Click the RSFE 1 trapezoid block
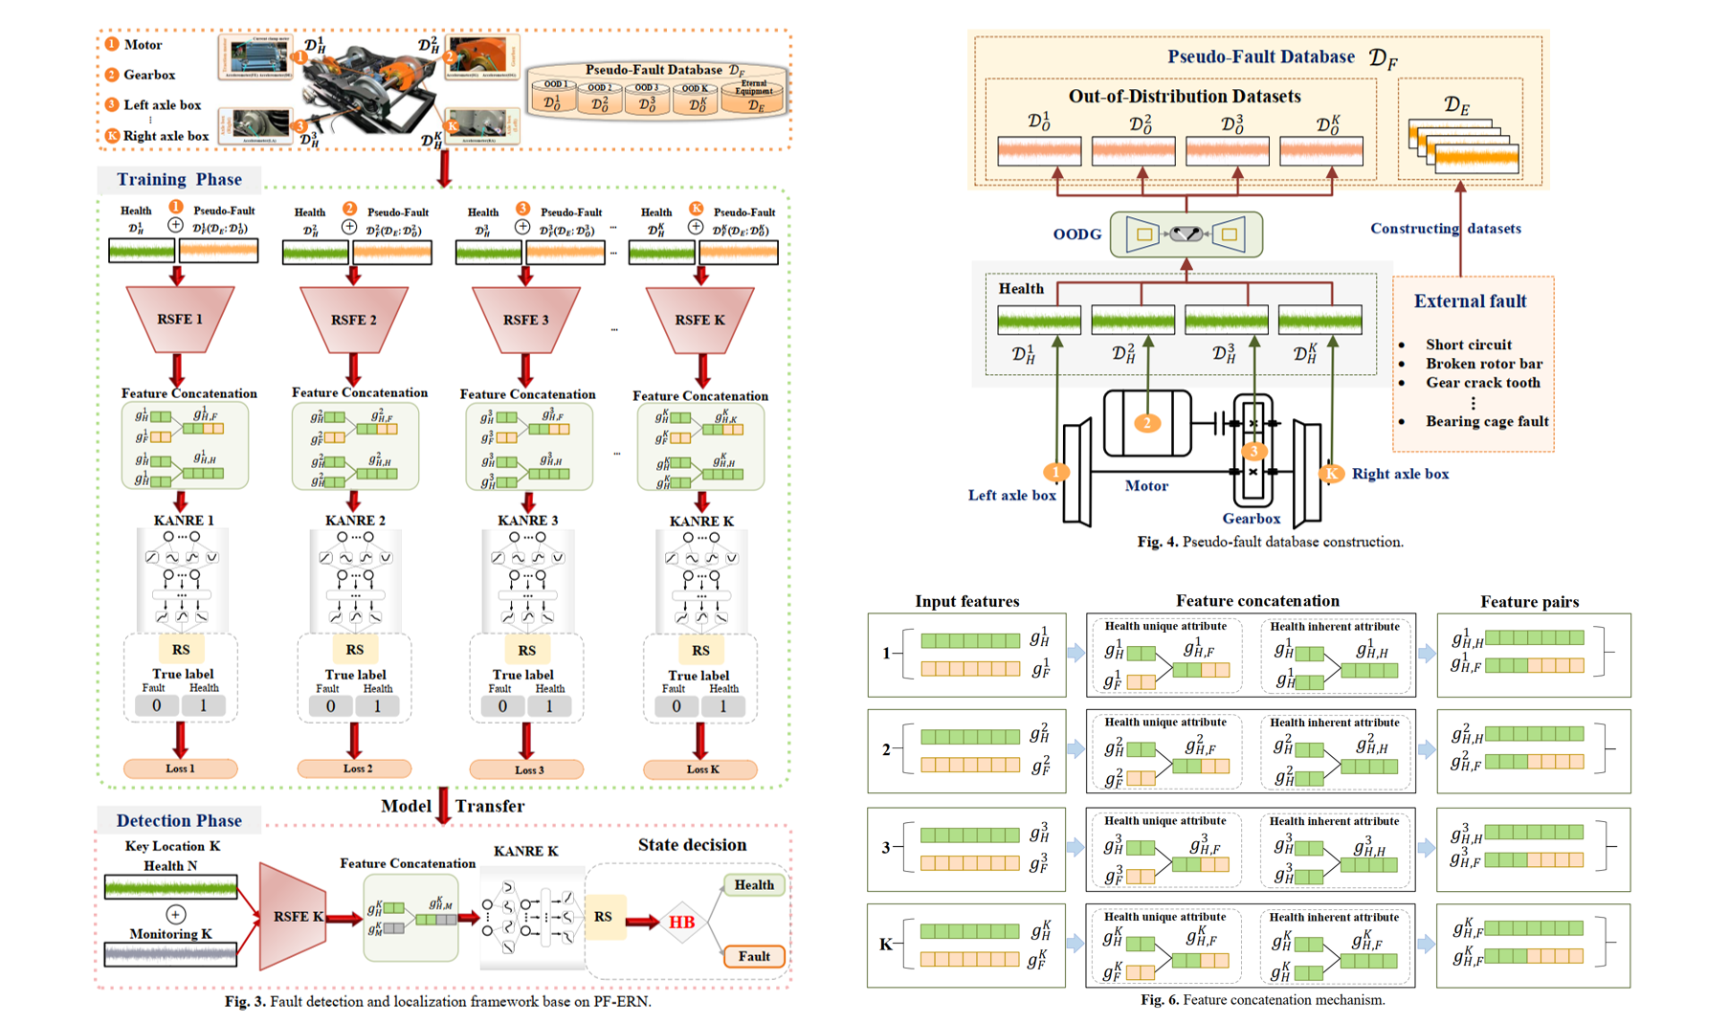pos(180,319)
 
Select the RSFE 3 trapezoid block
pos(526,319)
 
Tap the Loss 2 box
pos(355,768)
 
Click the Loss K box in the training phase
pos(700,768)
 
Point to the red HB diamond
pos(681,923)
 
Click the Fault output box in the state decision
pos(754,956)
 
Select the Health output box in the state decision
pos(754,885)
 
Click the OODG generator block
pos(1186,234)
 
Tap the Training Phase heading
pos(179,179)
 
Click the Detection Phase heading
pos(179,820)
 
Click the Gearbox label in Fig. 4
pos(1251,519)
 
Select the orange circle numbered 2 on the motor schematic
pos(1147,423)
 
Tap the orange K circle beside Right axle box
pos(1331,474)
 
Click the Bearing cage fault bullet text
pos(1486,421)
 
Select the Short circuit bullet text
pos(1468,345)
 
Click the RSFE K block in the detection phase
pos(295,916)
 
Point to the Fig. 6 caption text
pos(1262,1000)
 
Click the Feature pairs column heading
pos(1529,601)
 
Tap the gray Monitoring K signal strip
pos(170,954)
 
